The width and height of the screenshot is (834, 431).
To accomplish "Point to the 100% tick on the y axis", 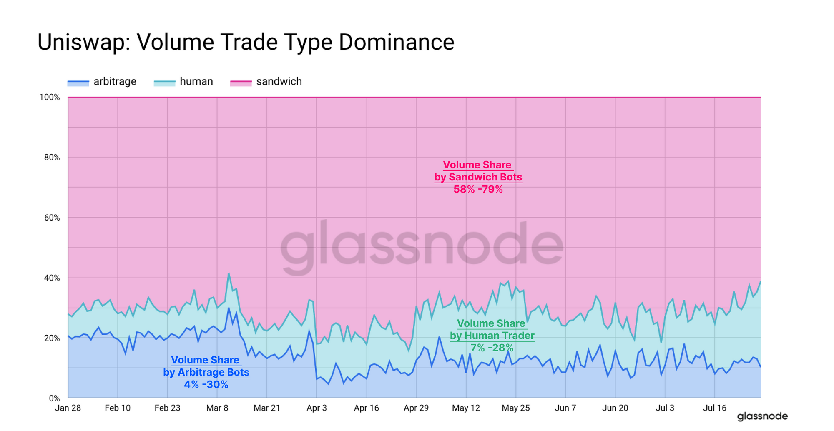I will (50, 97).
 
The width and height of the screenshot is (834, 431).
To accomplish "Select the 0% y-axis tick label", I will (54, 398).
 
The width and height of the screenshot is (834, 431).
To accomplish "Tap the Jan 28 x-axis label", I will (68, 408).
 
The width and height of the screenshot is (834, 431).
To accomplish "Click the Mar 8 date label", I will (217, 408).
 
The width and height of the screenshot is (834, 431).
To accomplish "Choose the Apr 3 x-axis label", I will (317, 408).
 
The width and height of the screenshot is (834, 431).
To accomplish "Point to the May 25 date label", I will (516, 408).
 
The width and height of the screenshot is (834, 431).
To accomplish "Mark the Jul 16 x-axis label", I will (715, 408).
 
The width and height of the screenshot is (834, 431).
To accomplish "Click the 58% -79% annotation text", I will (478, 189).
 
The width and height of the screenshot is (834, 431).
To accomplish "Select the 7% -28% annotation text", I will (492, 348).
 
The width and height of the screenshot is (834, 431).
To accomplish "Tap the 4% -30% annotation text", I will (206, 384).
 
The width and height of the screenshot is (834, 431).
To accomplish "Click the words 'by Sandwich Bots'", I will (478, 177).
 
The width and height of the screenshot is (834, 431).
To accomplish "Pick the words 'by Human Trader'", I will (492, 336).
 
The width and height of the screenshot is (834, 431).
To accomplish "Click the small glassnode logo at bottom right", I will (762, 416).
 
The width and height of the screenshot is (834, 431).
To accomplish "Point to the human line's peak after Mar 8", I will (229, 273).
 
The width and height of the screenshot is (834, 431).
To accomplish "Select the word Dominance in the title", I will (396, 42).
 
